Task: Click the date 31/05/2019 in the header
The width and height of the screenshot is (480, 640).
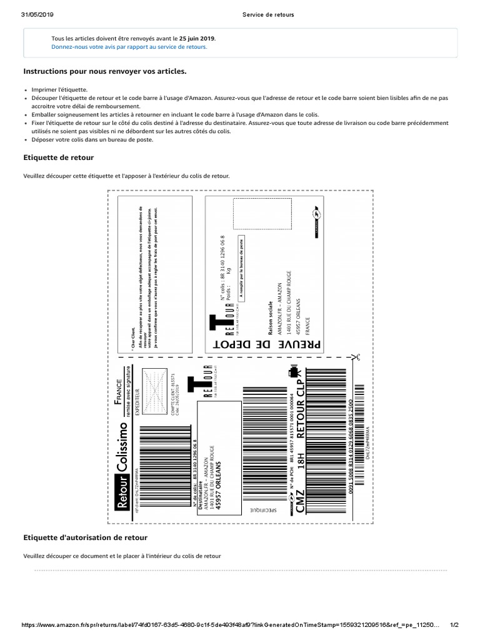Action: (37, 14)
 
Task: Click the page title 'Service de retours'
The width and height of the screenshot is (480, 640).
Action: (268, 14)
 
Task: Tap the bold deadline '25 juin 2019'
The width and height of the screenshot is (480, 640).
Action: (197, 37)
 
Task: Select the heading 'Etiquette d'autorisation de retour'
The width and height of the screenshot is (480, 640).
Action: (85, 537)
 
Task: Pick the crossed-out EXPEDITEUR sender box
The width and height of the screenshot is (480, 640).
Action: (154, 382)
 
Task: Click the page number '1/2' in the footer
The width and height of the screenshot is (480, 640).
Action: (454, 626)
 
